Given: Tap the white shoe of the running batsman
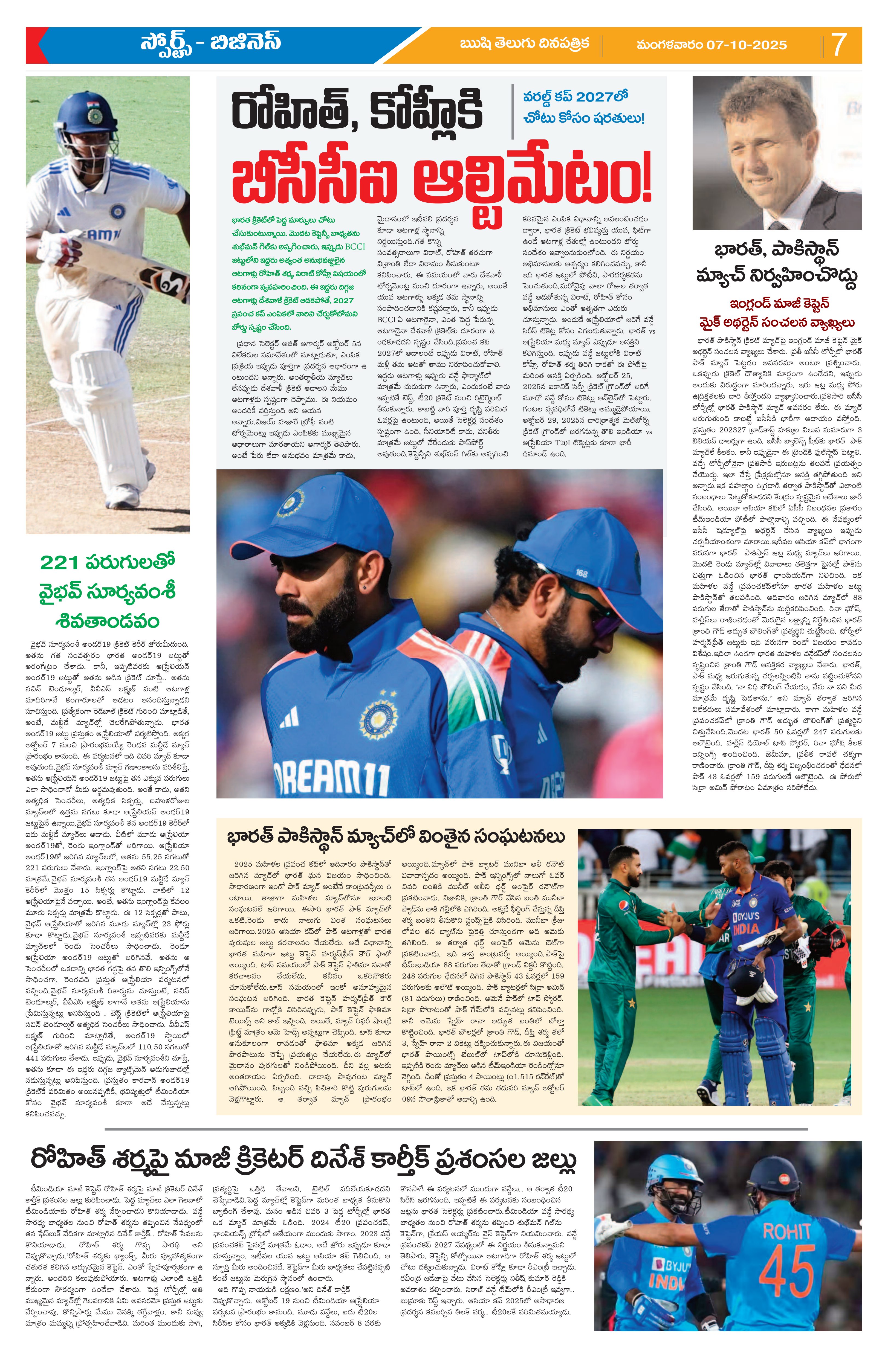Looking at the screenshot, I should click(121, 496).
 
